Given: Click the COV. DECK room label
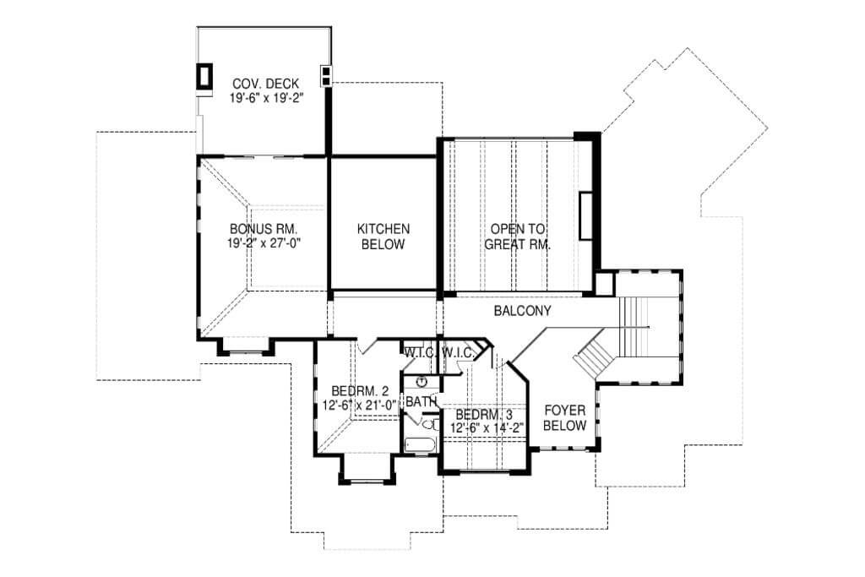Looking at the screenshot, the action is [265, 84].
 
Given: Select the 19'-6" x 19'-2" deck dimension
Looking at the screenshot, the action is [267, 98].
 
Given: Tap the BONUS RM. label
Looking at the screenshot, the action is [264, 228].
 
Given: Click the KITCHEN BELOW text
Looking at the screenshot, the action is [384, 236].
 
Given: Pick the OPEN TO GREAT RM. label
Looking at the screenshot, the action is [518, 236].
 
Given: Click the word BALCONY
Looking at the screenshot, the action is [522, 311].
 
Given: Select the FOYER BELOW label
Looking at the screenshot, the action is [565, 418].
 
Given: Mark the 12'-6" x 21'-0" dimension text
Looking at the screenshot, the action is [360, 406].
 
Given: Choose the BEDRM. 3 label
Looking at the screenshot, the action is [484, 414].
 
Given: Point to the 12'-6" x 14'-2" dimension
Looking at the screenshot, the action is [487, 427].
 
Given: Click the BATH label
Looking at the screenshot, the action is [422, 401].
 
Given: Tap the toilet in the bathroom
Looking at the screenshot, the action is [430, 425].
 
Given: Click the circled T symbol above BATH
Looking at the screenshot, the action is [422, 381].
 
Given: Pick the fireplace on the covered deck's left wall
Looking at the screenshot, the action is [204, 75].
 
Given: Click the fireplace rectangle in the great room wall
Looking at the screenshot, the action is [585, 215].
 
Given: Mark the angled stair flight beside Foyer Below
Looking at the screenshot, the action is [594, 356].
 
